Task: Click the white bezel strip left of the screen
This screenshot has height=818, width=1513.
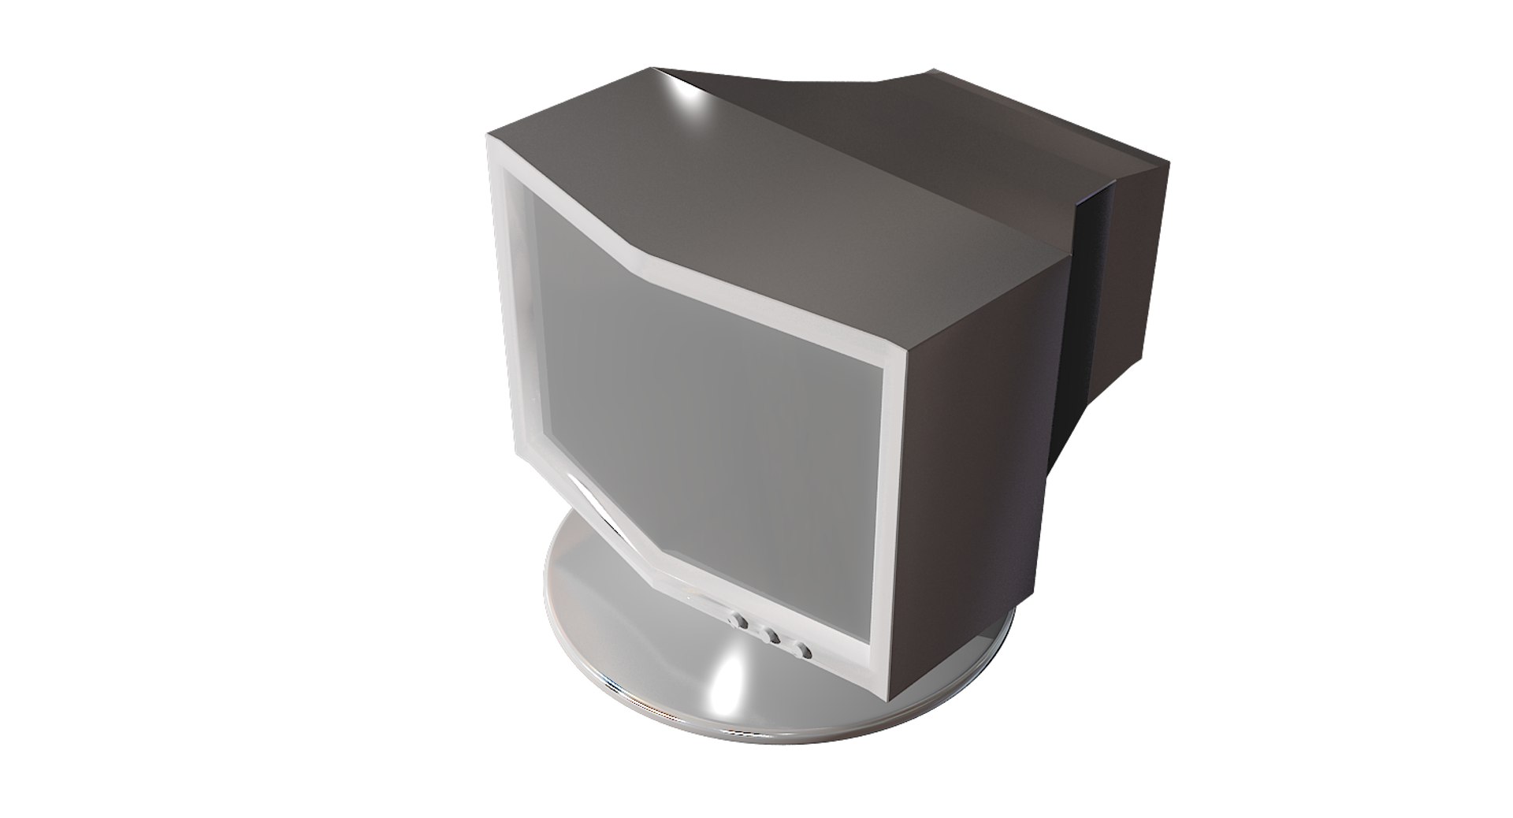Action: coord(515,331)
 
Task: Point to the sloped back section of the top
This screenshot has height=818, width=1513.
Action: coord(906,118)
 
